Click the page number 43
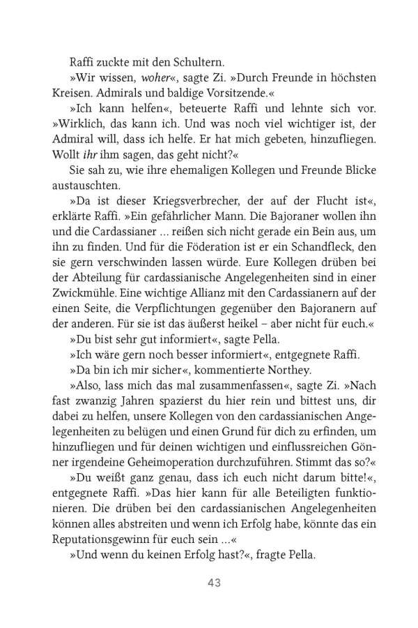pos(209,583)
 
